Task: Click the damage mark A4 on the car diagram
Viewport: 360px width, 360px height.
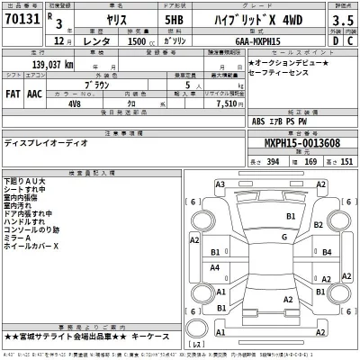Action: (214, 268)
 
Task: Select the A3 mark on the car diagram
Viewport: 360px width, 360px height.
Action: (220, 184)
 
